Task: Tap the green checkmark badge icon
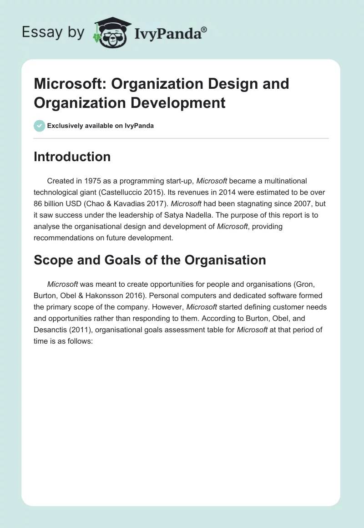pos(40,126)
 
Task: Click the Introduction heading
pos(72,157)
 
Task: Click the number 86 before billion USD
pos(38,204)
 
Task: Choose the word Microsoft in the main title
pos(69,84)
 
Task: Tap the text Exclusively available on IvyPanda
pos(100,126)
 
